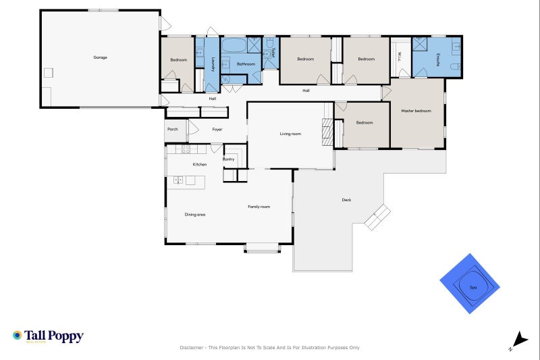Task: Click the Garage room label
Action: (x=100, y=57)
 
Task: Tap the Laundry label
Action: (x=213, y=64)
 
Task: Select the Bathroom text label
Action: (x=246, y=64)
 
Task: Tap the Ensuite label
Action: (x=438, y=58)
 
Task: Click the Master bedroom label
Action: (x=416, y=111)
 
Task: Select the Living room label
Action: (x=290, y=134)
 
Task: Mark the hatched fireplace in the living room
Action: (x=327, y=132)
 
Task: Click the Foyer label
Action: (x=217, y=129)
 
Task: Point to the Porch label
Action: (x=172, y=129)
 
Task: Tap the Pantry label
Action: (x=228, y=159)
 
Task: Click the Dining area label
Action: (x=195, y=214)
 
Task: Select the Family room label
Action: (x=259, y=207)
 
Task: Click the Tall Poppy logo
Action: (x=47, y=336)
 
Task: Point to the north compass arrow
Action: (x=518, y=340)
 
